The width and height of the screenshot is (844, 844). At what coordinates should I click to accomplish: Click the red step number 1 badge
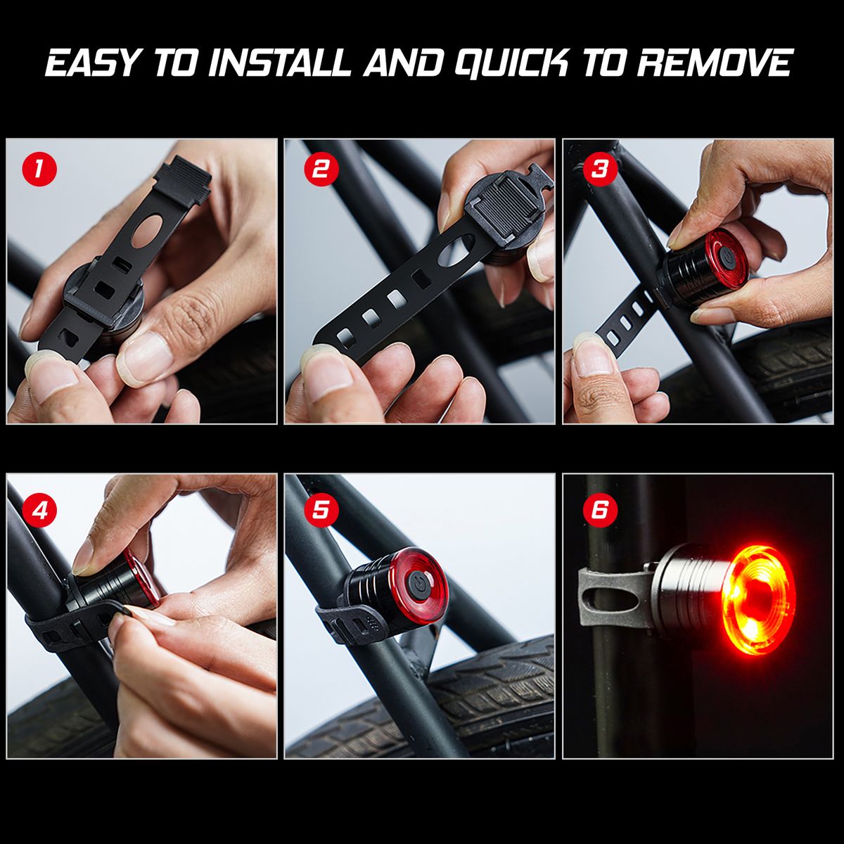pos(39,169)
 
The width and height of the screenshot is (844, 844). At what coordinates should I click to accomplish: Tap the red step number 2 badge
pos(321,169)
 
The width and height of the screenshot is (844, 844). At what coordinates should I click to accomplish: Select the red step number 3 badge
pos(600,169)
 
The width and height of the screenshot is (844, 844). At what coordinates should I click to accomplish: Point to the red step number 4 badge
pos(39,510)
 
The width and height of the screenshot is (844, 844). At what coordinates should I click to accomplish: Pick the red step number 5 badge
pos(320,510)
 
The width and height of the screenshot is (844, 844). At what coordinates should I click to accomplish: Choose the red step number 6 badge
pos(600,510)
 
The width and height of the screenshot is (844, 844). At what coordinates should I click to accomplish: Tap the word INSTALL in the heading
pos(280,63)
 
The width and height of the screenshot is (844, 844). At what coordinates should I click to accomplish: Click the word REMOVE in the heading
pos(715,63)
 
